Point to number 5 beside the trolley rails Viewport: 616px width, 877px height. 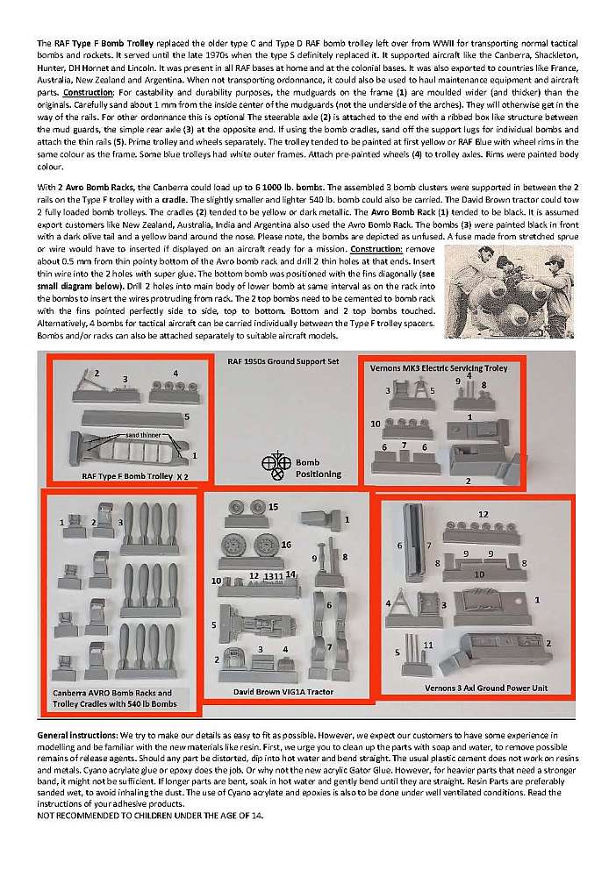pyautogui.click(x=187, y=416)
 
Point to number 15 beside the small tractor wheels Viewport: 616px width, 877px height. pyautogui.click(x=273, y=507)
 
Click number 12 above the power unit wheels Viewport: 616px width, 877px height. pyautogui.click(x=483, y=513)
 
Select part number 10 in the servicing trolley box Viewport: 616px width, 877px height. pyautogui.click(x=375, y=424)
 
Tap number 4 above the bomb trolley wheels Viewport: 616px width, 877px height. pyautogui.click(x=175, y=374)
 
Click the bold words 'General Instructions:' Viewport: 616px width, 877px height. pyautogui.click(x=76, y=733)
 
